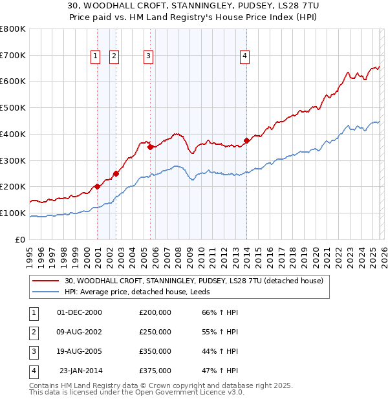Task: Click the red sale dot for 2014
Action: click(246, 140)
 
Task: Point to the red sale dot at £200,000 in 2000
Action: click(97, 186)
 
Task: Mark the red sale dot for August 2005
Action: click(150, 147)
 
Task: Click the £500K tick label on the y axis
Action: click(12, 107)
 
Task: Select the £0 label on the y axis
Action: click(19, 239)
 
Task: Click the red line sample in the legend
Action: click(45, 281)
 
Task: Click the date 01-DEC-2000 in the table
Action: click(80, 312)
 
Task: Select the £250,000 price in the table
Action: click(155, 332)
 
